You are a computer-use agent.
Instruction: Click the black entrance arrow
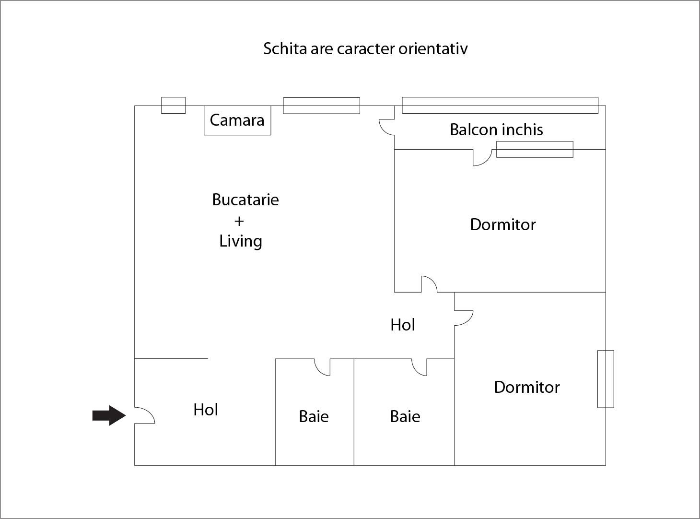pyautogui.click(x=109, y=415)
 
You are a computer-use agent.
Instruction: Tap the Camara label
pyautogui.click(x=237, y=120)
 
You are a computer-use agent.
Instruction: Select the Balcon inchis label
pyautogui.click(x=496, y=130)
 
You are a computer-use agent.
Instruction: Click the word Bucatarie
pyautogui.click(x=245, y=200)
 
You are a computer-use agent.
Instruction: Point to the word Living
pyautogui.click(x=241, y=241)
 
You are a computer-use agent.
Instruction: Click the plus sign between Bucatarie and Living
pyautogui.click(x=239, y=221)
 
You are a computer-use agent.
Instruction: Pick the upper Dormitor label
pyautogui.click(x=502, y=224)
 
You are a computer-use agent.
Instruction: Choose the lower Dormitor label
pyautogui.click(x=526, y=387)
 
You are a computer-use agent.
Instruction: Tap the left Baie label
pyautogui.click(x=314, y=416)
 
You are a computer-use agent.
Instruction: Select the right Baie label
pyautogui.click(x=405, y=416)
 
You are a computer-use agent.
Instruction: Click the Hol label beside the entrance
pyautogui.click(x=206, y=410)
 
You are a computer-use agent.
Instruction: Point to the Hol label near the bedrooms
pyautogui.click(x=402, y=325)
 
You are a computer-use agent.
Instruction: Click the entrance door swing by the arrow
pyautogui.click(x=144, y=415)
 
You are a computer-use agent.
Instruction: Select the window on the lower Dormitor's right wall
pyautogui.click(x=606, y=379)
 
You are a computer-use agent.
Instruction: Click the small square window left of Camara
pyautogui.click(x=173, y=106)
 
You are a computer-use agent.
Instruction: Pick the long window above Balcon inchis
pyautogui.click(x=500, y=106)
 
